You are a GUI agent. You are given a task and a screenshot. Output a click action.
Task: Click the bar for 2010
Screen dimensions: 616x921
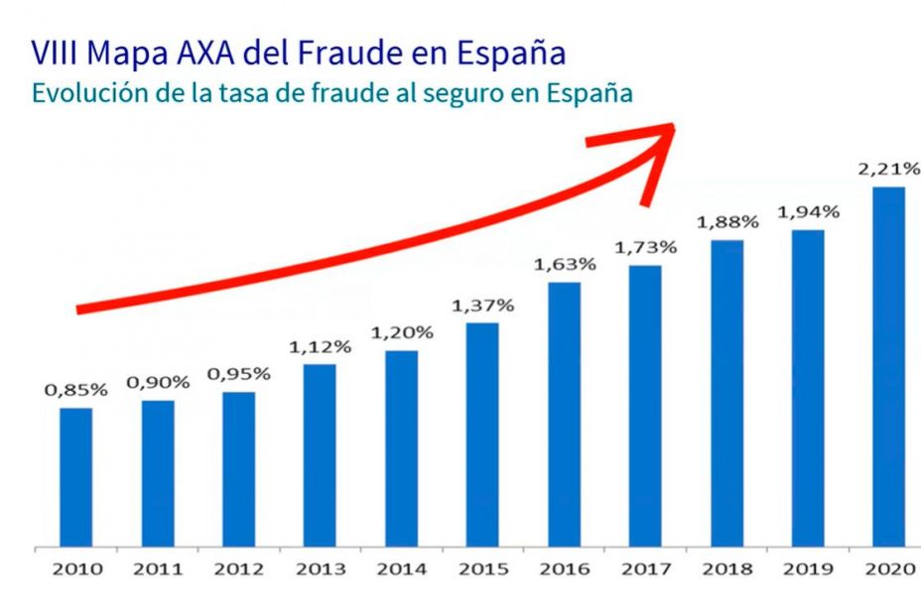(x=75, y=476)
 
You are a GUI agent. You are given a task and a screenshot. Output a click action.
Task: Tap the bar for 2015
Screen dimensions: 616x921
(x=482, y=433)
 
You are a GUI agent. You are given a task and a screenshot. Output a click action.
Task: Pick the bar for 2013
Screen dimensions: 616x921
(x=320, y=454)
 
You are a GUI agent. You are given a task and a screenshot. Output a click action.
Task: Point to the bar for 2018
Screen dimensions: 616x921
(x=726, y=392)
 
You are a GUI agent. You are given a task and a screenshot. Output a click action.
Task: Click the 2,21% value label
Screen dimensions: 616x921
(x=888, y=170)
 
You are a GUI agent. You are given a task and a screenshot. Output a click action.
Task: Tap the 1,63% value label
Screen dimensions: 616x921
(x=564, y=265)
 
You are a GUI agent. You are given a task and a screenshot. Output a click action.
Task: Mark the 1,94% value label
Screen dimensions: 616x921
(x=808, y=212)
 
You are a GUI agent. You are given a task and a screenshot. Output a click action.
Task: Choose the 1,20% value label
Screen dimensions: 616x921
(x=401, y=332)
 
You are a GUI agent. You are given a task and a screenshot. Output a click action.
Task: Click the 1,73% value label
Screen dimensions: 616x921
(x=645, y=247)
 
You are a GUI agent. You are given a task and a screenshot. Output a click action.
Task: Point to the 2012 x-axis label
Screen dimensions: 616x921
(x=238, y=569)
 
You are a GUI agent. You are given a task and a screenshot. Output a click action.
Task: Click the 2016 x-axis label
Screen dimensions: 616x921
(x=564, y=569)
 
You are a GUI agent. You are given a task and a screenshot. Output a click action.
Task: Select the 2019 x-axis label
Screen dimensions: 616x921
(x=808, y=569)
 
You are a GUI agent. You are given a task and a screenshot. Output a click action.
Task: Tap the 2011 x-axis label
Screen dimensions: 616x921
(x=157, y=569)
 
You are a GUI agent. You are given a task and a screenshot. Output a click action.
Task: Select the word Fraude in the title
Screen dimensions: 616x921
(x=352, y=53)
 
